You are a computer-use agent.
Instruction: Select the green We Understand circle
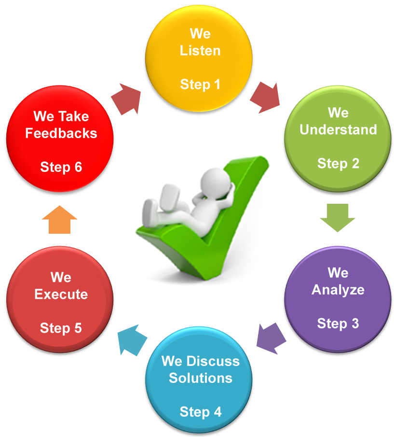(338, 140)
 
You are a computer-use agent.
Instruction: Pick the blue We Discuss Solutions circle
(200, 381)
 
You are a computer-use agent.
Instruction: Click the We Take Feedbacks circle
(61, 140)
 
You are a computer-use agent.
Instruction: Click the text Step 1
(200, 85)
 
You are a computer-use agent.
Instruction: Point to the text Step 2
(338, 163)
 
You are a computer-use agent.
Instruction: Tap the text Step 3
(338, 323)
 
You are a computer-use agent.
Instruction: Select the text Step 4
(200, 412)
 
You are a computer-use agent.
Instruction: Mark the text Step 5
(61, 328)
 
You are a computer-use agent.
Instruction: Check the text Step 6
(61, 167)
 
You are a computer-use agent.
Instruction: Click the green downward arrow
(338, 217)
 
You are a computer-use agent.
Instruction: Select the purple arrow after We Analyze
(270, 335)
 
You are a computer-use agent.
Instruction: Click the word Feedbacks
(61, 133)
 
